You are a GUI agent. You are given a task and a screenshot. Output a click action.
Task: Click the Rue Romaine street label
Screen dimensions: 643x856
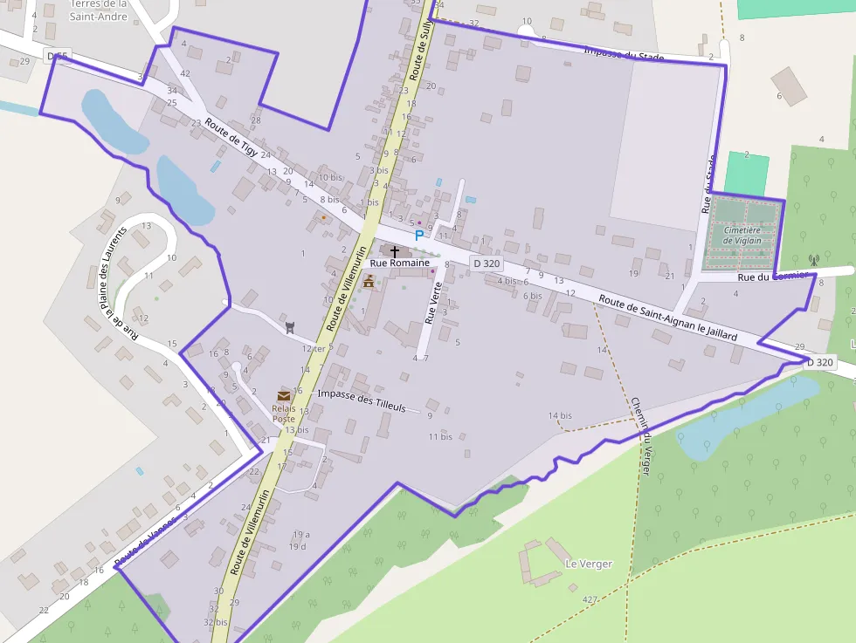[x=400, y=263]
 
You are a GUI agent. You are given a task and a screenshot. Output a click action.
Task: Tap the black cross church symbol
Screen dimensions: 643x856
[x=395, y=251]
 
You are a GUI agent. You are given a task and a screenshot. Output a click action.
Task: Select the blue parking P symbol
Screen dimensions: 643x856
[x=418, y=235]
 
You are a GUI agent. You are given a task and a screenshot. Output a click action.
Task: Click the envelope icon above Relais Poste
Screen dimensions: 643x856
[x=284, y=396]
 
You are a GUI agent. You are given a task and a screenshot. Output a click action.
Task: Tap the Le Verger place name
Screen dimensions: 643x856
[x=588, y=564]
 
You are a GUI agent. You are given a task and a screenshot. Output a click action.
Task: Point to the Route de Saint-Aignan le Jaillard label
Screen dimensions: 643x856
[x=667, y=318]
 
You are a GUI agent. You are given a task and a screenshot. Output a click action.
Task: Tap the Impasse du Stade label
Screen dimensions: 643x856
[x=624, y=54]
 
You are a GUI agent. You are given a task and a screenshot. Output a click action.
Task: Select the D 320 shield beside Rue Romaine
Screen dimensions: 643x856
[x=486, y=263]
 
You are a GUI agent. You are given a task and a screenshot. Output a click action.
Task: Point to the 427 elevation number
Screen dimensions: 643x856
[x=590, y=599]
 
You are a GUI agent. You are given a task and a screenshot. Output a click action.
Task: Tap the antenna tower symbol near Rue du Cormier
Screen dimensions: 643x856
[x=814, y=259]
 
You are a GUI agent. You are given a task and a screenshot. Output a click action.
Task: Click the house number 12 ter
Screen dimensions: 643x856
[x=313, y=349]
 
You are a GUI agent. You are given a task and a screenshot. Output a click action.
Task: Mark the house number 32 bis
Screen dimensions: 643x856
[x=215, y=622]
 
